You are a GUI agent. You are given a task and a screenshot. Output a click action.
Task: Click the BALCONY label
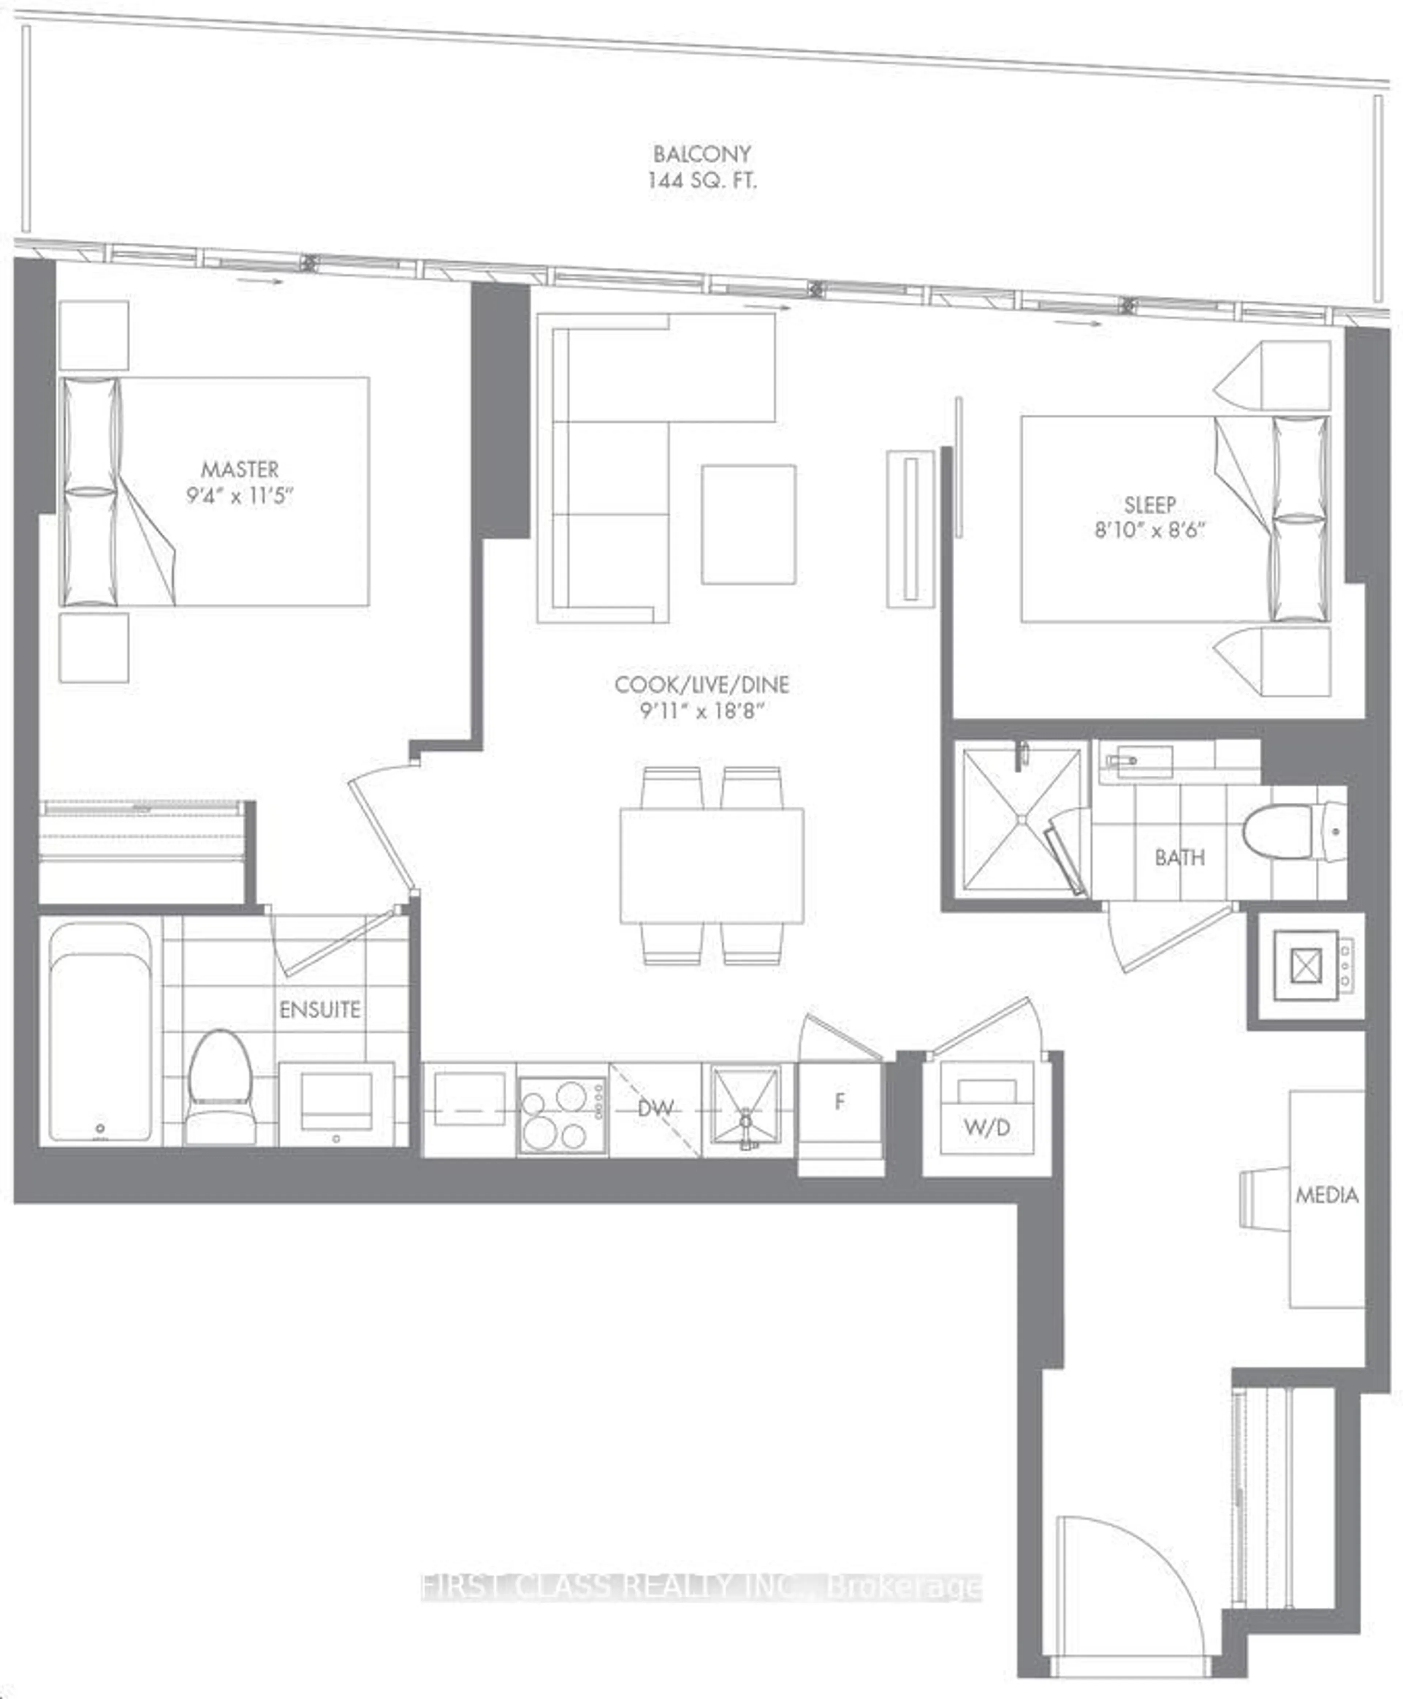(x=701, y=154)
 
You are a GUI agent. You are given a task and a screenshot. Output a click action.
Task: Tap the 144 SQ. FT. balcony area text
(x=701, y=180)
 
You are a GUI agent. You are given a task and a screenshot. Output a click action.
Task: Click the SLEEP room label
(x=1149, y=504)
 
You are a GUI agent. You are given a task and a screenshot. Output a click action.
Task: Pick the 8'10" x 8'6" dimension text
(x=1149, y=530)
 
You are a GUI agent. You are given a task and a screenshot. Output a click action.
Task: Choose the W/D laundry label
(x=987, y=1127)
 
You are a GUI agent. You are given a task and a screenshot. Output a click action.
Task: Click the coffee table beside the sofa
(x=748, y=524)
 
